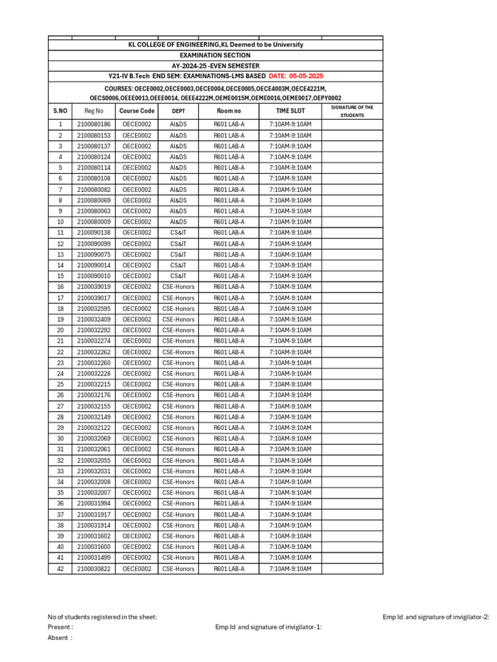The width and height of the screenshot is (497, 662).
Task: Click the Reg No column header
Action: [x=93, y=111]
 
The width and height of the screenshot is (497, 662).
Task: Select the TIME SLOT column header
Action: [x=290, y=111]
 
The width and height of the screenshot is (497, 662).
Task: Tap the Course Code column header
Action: [x=137, y=111]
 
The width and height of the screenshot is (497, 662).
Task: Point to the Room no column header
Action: [x=229, y=111]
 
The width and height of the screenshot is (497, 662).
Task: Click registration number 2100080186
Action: [x=93, y=124]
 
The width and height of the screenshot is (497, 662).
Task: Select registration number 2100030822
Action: [x=93, y=569]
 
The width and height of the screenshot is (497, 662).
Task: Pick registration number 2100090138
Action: [x=93, y=233]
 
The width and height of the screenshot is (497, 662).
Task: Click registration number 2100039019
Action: [x=93, y=287]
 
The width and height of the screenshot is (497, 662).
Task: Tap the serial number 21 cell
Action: [x=60, y=341]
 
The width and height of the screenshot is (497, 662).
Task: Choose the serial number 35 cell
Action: [x=60, y=493]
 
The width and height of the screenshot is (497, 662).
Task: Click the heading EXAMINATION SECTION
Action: [x=215, y=56]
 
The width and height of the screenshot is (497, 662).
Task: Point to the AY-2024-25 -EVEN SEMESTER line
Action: [x=215, y=66]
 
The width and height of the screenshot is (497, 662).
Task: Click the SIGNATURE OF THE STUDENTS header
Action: [x=352, y=111]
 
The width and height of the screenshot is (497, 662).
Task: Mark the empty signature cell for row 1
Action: [x=352, y=124]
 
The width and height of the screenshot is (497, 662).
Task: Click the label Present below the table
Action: [x=60, y=627]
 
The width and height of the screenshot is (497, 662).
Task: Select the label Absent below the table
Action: [x=60, y=637]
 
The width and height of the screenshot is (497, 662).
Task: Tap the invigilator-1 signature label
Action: [x=269, y=627]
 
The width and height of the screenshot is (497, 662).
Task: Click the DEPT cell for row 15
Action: [x=178, y=276]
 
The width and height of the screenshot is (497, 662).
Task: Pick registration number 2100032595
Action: [x=93, y=309]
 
